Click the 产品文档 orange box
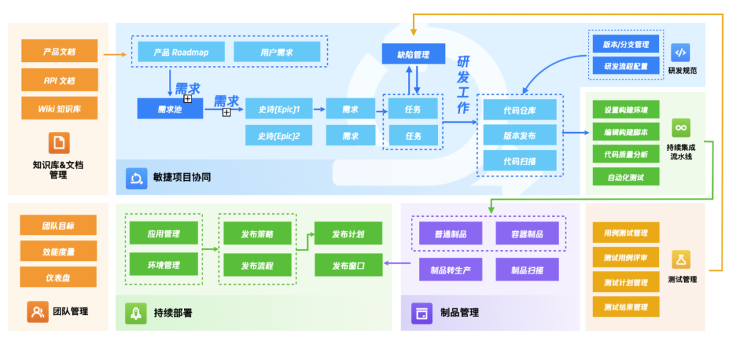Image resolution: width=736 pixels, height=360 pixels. coord(59,51)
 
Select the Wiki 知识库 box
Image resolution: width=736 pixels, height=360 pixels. coord(59,108)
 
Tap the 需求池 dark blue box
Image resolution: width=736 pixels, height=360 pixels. coord(170,108)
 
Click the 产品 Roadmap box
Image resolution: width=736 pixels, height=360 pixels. coord(180,52)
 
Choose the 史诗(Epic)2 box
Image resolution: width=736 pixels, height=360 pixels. coord(279,136)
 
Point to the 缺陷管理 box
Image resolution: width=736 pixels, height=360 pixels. coord(413,54)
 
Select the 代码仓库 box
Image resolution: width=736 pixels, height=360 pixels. coord(520,109)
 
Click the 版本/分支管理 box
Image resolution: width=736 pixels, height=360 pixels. coord(626,45)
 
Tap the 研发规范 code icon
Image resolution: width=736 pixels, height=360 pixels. coord(681,52)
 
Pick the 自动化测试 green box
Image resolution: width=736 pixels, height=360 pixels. coord(626,177)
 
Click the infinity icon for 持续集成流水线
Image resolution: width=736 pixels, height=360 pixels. coord(681,127)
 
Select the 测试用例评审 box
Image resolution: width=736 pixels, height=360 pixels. coord(626,258)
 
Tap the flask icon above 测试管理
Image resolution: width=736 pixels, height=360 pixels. coord(681,259)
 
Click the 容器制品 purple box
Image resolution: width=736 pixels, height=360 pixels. coord(527,234)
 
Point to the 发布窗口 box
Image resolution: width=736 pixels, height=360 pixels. coord(348,265)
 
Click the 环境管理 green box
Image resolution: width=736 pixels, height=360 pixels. coord(164,265)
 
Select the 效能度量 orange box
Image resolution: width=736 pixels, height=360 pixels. coord(59,251)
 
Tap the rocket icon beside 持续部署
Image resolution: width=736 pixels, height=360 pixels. coord(136,313)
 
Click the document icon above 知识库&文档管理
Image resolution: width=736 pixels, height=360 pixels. coord(59,142)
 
